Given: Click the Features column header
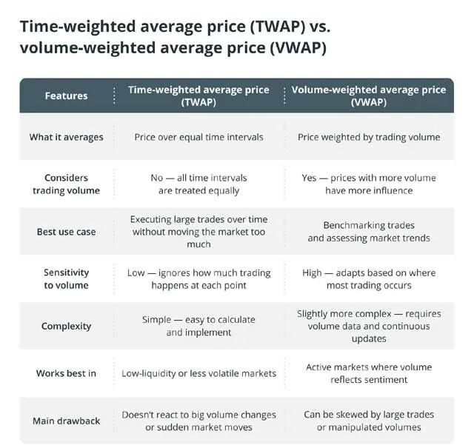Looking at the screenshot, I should [x=66, y=96].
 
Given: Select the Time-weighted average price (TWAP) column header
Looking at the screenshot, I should [x=198, y=96].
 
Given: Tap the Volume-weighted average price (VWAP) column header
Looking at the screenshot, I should [x=369, y=96].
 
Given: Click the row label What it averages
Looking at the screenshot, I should [x=66, y=137].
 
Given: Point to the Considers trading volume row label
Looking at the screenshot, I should [x=66, y=184].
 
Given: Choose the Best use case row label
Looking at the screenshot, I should [x=66, y=232].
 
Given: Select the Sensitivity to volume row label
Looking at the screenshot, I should [x=66, y=278].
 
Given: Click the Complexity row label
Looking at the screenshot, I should [x=66, y=326].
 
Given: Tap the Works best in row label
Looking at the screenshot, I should [x=66, y=373].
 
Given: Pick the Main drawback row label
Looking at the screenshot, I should [x=66, y=421].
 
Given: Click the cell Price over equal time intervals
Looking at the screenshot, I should [x=198, y=137].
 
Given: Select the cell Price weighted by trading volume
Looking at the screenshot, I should [x=369, y=137].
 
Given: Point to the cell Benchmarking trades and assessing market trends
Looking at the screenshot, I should [x=369, y=232].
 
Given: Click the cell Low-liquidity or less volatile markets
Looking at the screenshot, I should [x=198, y=373].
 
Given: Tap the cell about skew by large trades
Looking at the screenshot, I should [x=369, y=421].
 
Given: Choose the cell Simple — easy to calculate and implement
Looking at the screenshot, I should [x=198, y=326].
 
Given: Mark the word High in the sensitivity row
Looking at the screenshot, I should [x=312, y=273].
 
